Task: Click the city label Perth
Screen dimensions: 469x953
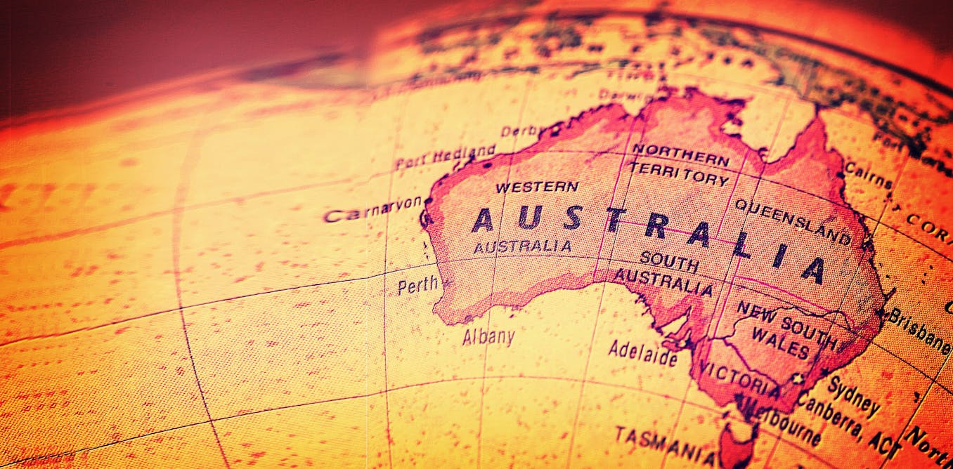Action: click(x=417, y=286)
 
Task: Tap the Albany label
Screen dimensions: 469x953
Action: click(x=488, y=336)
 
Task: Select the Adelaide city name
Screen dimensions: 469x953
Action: click(x=642, y=352)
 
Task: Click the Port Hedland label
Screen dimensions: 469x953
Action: click(x=445, y=158)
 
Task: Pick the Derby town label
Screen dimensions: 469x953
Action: click(x=521, y=131)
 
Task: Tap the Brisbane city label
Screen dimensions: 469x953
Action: click(x=918, y=329)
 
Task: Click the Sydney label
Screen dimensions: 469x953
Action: click(x=853, y=395)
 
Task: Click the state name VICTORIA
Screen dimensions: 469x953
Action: click(x=740, y=380)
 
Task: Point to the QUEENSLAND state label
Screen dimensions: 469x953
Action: click(x=793, y=220)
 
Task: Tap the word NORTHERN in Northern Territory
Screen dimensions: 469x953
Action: click(x=680, y=154)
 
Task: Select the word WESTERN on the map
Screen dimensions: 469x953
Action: click(x=537, y=187)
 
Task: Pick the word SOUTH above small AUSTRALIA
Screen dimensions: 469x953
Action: click(x=669, y=261)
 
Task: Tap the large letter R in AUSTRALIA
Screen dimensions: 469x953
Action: click(x=654, y=227)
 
